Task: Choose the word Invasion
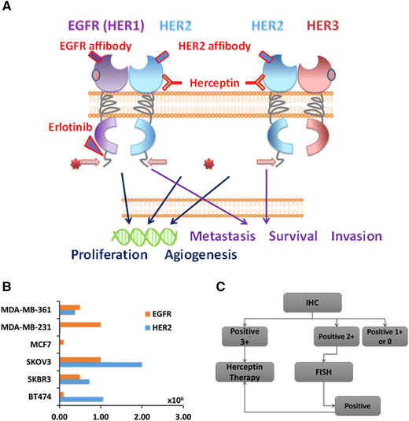pyautogui.click(x=356, y=235)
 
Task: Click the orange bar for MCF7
pyautogui.click(x=61, y=342)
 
